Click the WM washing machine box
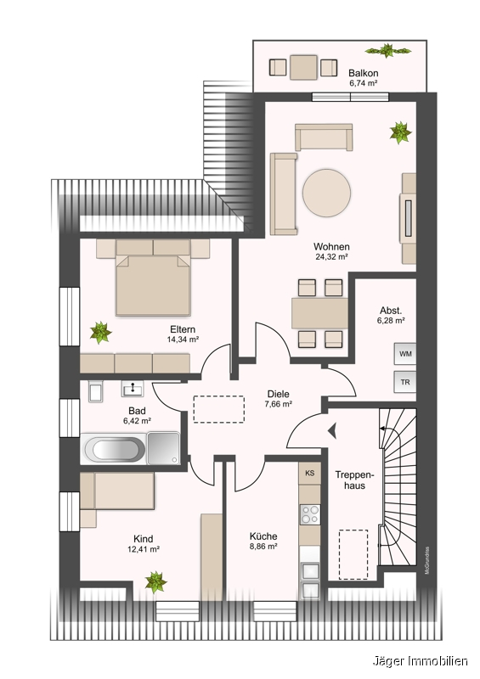[x=405, y=354]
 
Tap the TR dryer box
[x=405, y=383]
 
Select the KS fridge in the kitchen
[x=309, y=473]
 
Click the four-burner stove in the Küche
[x=309, y=515]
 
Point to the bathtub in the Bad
[x=115, y=449]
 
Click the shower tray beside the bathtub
[x=163, y=448]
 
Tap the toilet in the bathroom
[x=95, y=391]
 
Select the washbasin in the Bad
[x=132, y=389]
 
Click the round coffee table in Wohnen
[x=326, y=192]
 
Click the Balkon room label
[x=364, y=73]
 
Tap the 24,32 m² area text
[x=331, y=256]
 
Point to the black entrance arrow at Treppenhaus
[x=333, y=431]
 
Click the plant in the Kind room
[x=155, y=581]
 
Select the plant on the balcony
[x=387, y=50]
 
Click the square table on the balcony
[x=303, y=68]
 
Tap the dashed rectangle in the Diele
[x=218, y=409]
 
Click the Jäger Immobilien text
[x=421, y=661]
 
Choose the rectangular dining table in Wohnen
[x=320, y=313]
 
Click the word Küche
[x=263, y=536]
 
